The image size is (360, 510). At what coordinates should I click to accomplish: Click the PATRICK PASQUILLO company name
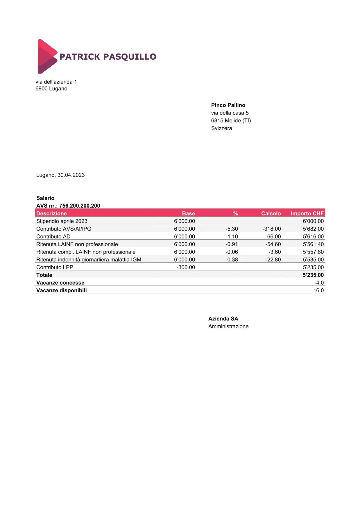point(108,57)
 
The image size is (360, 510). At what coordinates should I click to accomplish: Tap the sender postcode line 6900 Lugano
point(51,89)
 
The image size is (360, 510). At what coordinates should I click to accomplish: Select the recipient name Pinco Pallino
point(228,105)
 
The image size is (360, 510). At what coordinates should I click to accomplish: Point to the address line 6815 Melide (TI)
point(231,121)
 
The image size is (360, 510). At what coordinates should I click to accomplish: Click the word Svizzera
point(221,128)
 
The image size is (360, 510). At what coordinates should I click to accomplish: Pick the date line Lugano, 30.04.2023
point(60,175)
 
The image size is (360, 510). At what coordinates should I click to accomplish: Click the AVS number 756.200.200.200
point(80,206)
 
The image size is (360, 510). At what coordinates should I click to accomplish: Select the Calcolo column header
point(271,213)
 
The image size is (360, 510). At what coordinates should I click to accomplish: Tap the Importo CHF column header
point(307,213)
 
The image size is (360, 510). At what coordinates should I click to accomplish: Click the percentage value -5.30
point(232,229)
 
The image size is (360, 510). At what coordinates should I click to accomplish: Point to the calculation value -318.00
point(272,229)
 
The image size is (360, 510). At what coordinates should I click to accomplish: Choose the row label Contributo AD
point(53,237)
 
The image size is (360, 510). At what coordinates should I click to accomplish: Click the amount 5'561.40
point(313,244)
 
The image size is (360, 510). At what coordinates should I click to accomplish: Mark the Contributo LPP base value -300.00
point(186,267)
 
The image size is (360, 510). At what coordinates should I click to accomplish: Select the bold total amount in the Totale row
point(313,275)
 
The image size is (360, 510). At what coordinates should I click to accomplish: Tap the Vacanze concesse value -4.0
point(319,283)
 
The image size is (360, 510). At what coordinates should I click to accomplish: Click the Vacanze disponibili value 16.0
point(318,290)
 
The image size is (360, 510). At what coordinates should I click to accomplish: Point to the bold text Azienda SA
point(223,319)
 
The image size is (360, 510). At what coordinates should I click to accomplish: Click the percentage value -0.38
point(232,260)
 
